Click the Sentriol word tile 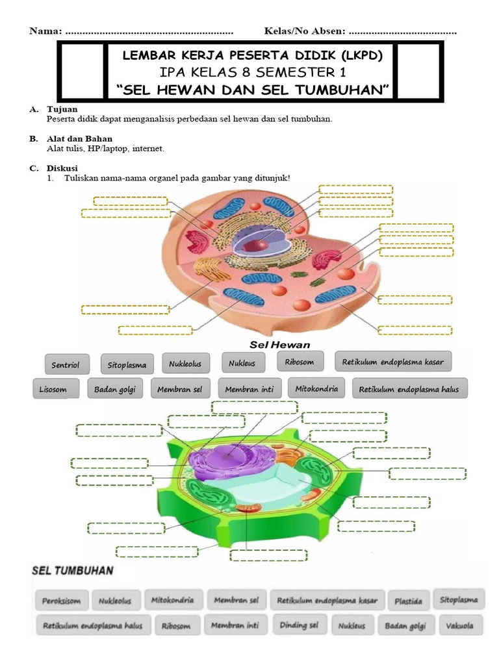(x=65, y=365)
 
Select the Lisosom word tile (x=55, y=389)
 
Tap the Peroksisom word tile (x=61, y=601)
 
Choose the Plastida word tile (x=408, y=601)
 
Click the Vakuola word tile (x=460, y=627)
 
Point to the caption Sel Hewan (x=280, y=344)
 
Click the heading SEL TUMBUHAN (x=73, y=571)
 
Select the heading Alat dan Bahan (x=79, y=138)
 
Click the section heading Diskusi (x=62, y=168)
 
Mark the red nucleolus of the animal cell (x=259, y=245)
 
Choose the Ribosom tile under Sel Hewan (x=300, y=362)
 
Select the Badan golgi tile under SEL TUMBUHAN (x=405, y=627)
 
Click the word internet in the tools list (x=149, y=149)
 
